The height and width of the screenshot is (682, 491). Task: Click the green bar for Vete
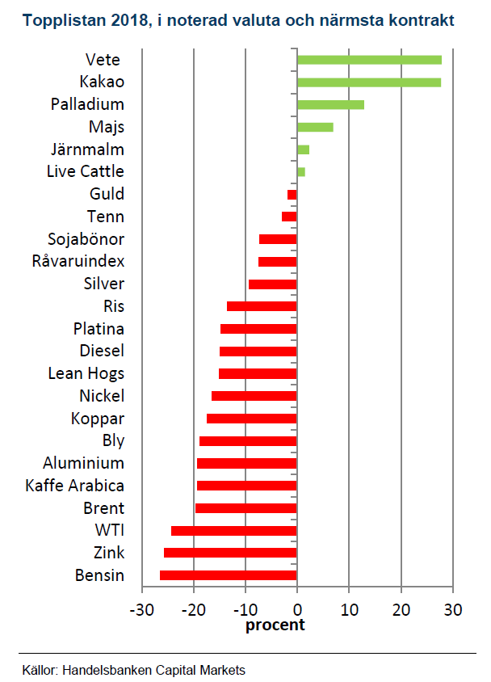pos(369,60)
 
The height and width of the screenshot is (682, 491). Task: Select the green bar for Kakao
pos(369,82)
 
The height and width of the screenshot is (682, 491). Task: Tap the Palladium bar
pos(330,104)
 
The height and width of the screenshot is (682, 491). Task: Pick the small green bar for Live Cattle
pos(301,172)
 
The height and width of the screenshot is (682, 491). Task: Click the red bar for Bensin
pos(229,575)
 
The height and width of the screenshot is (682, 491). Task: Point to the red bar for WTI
pos(234,531)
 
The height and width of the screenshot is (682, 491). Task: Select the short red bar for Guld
pos(292,195)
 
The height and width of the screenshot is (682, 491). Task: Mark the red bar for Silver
pos(273,284)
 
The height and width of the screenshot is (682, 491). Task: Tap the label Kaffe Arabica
pos(75,486)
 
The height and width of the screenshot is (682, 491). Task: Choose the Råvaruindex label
pos(78,262)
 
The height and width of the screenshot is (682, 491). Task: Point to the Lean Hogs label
pos(86,373)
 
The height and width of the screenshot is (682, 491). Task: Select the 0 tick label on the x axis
pos(297,608)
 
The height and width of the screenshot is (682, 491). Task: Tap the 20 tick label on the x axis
pos(401,608)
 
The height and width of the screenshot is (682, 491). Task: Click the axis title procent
pos(275,625)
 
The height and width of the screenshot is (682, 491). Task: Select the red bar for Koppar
pos(252,419)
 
